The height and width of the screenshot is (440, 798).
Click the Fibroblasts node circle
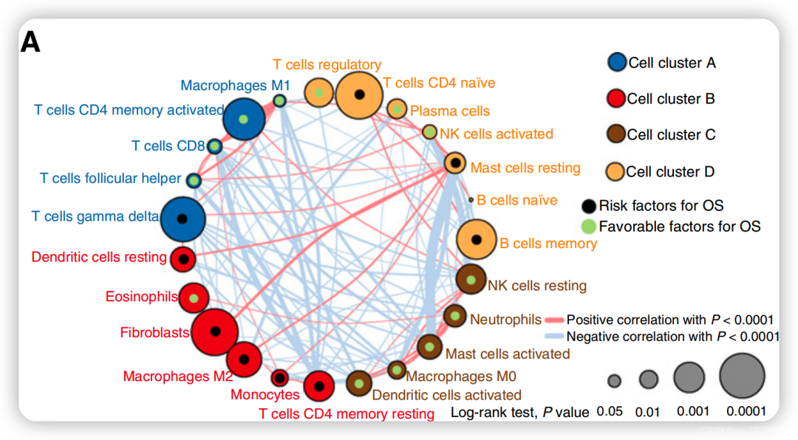214,333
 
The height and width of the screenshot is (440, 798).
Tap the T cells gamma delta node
182,218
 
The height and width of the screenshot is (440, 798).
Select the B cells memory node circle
477,239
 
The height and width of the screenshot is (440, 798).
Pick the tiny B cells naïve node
471,200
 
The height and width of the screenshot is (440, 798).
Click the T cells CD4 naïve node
359,95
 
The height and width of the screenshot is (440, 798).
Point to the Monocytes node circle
279,378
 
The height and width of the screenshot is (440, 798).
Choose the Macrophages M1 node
280,100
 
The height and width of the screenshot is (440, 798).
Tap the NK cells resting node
471,281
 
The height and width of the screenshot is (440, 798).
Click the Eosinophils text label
141,297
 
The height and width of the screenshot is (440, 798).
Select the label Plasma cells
450,111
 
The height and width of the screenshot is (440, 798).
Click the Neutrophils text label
505,320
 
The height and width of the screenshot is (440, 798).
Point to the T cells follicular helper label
111,178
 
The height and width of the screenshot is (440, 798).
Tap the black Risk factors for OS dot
588,206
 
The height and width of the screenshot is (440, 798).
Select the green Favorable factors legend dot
588,227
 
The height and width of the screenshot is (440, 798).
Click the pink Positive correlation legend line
554,320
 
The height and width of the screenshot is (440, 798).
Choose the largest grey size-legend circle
743,376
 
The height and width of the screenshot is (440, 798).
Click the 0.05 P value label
610,411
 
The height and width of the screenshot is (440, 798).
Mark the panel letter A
30,43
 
